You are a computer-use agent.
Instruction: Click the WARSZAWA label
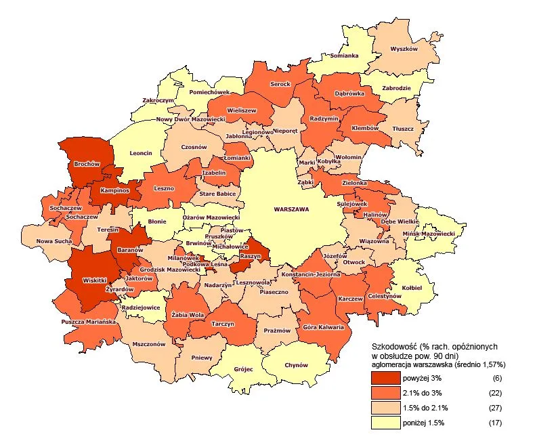pyautogui.click(x=291, y=209)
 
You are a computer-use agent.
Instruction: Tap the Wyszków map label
pyautogui.click(x=406, y=49)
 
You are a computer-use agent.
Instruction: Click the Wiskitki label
pyautogui.click(x=95, y=279)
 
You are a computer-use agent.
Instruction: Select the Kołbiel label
pyautogui.click(x=410, y=287)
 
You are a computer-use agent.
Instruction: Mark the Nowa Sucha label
pyautogui.click(x=54, y=240)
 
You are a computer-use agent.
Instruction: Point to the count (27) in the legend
pyautogui.click(x=497, y=408)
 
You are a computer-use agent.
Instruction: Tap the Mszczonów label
pyautogui.click(x=150, y=343)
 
